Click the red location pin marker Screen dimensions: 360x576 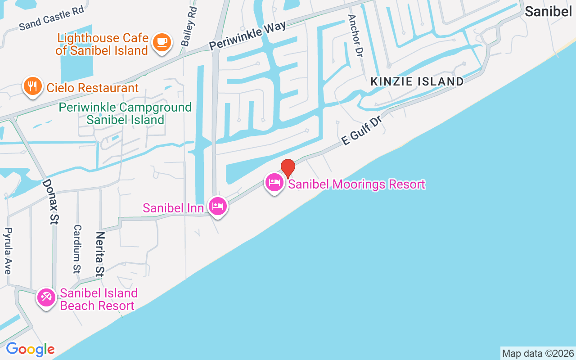click(x=288, y=168)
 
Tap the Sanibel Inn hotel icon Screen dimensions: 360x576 click(x=218, y=207)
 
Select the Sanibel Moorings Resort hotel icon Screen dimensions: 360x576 click(x=274, y=182)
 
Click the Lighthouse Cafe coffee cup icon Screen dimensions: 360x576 click(x=162, y=43)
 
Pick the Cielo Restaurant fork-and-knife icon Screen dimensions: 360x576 click(x=32, y=86)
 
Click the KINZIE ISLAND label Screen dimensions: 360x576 click(x=417, y=81)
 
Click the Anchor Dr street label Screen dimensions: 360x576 click(x=355, y=36)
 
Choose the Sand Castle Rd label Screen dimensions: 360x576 click(x=52, y=19)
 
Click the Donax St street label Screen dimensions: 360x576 click(x=51, y=201)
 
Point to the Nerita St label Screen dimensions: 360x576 click(x=100, y=254)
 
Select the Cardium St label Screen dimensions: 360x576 click(x=77, y=249)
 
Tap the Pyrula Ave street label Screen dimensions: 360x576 click(x=8, y=251)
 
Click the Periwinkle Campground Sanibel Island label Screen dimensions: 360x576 click(x=125, y=113)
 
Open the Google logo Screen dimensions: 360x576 click(x=30, y=349)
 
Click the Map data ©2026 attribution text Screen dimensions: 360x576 click(x=538, y=353)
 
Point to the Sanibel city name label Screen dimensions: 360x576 click(x=548, y=12)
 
